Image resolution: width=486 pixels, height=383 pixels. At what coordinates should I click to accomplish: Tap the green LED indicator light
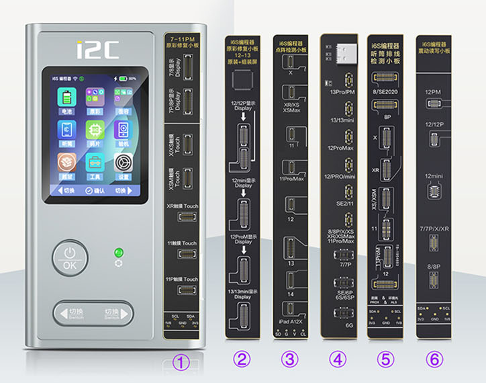click(x=119, y=253)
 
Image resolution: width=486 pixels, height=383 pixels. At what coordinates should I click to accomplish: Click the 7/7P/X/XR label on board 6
click(x=435, y=230)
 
